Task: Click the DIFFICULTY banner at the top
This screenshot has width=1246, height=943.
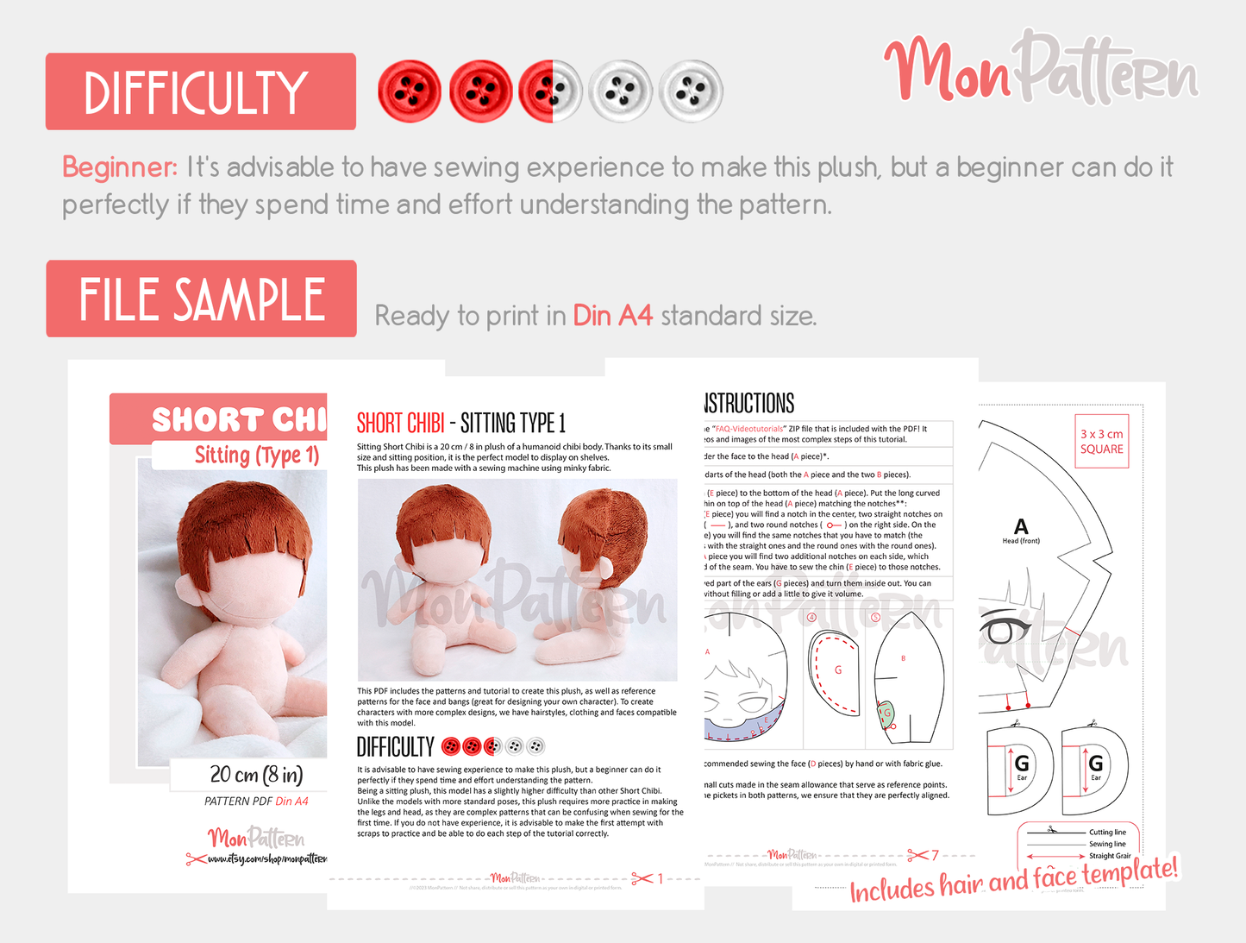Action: tap(200, 91)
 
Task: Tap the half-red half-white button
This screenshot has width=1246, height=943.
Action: tap(551, 91)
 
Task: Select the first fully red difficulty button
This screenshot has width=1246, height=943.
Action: tap(410, 91)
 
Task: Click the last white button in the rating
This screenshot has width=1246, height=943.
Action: tap(691, 91)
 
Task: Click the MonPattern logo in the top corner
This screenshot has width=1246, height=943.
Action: tap(1041, 69)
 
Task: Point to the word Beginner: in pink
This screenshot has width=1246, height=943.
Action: tap(120, 167)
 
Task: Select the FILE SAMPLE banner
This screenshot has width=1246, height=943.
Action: tap(201, 299)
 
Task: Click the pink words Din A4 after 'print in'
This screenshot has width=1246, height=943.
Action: tap(612, 316)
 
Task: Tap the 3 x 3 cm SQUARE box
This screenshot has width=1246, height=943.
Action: tap(1101, 442)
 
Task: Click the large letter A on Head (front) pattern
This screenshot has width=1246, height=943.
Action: tap(1021, 526)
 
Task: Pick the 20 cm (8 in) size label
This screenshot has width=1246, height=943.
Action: tap(256, 774)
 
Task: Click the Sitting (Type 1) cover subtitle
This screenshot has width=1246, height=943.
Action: tap(256, 455)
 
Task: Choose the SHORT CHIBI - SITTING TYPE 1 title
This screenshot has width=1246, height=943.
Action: tap(460, 423)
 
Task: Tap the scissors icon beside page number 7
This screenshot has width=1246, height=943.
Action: tap(917, 855)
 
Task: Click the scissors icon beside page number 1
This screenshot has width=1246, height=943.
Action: tap(642, 878)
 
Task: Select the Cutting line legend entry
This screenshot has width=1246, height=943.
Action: tap(1106, 832)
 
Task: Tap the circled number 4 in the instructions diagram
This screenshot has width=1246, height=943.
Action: tap(811, 618)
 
